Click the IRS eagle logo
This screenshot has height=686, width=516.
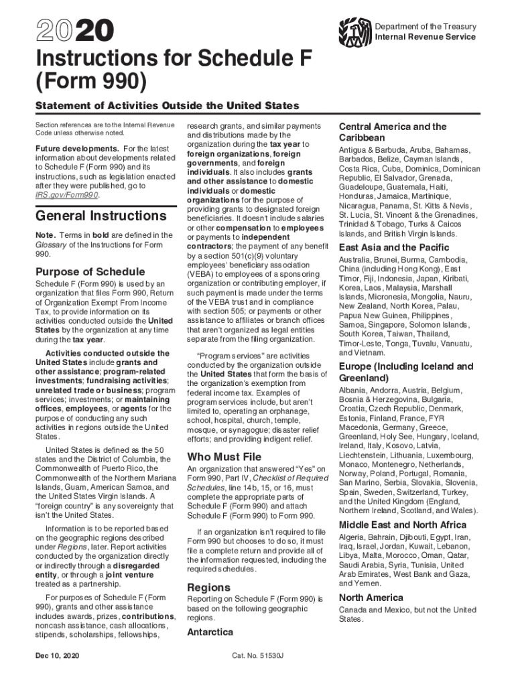[x=356, y=31]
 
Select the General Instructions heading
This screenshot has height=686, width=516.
[x=101, y=216]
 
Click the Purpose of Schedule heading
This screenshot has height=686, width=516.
[x=90, y=271]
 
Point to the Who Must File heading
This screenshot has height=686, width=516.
[x=224, y=457]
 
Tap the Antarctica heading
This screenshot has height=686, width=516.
[x=210, y=632]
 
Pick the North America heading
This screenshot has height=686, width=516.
[x=371, y=597]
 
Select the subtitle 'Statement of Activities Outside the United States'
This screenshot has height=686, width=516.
[x=168, y=106]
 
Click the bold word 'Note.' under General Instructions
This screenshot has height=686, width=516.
[x=46, y=235]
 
